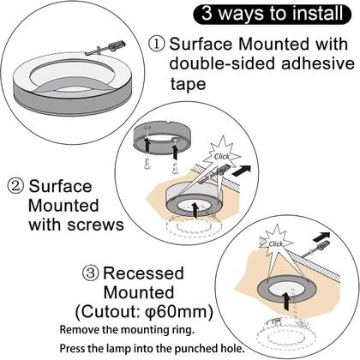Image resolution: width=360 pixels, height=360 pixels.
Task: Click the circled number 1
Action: (x=157, y=44)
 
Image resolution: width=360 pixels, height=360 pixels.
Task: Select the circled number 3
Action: (x=92, y=273)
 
